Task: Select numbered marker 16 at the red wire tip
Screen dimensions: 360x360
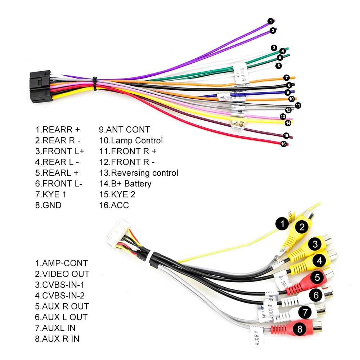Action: tap(283, 144)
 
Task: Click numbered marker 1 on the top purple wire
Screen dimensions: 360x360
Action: tap(270, 21)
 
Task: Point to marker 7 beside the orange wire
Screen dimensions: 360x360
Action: tap(286, 77)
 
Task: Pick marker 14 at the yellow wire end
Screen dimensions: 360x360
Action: tap(288, 123)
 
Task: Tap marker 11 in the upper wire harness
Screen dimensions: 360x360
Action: tap(298, 105)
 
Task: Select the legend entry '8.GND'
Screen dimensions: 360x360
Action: tap(48, 206)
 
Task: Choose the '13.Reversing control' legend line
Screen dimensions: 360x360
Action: tap(139, 173)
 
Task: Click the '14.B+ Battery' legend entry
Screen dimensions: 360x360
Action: tap(125, 184)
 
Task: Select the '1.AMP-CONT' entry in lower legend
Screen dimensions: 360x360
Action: tap(62, 263)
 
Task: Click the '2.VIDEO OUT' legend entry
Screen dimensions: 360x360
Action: tap(62, 274)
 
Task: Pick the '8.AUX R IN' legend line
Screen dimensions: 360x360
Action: tap(57, 339)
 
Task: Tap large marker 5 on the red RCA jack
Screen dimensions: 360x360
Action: tap(317, 277)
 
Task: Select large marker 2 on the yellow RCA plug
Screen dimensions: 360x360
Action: tap(302, 227)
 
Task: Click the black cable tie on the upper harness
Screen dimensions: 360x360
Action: tap(95, 84)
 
